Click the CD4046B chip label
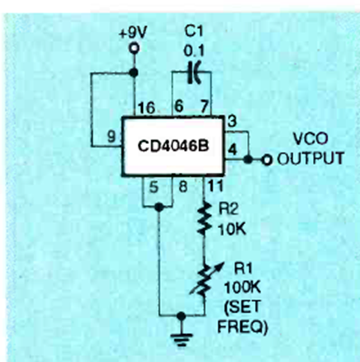pos(173,146)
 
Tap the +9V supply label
pos(133,33)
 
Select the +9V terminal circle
pos(134,49)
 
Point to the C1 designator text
pos(194,31)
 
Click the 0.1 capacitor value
pos(194,51)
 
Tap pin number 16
pos(147,107)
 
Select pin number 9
pos(111,136)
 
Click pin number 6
pos(179,106)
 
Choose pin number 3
pos(232,121)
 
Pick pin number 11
pos(216,186)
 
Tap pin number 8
pos(183,187)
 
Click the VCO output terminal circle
pos(267,160)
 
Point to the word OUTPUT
pos(310,158)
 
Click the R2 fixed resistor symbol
pos(204,219)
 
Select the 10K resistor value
pos(232,229)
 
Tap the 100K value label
pos(242,288)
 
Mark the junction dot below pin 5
pos(159,207)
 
